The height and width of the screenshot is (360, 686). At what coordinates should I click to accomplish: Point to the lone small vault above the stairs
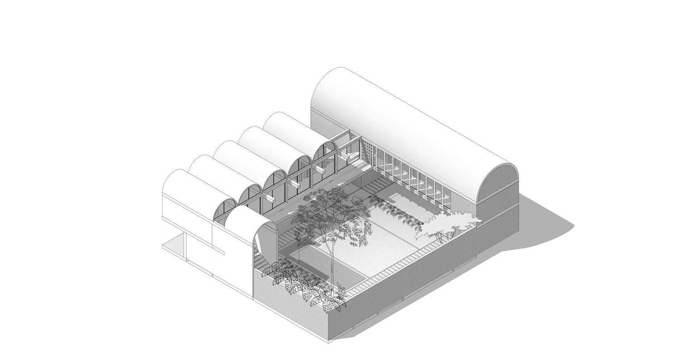(x=243, y=223)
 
